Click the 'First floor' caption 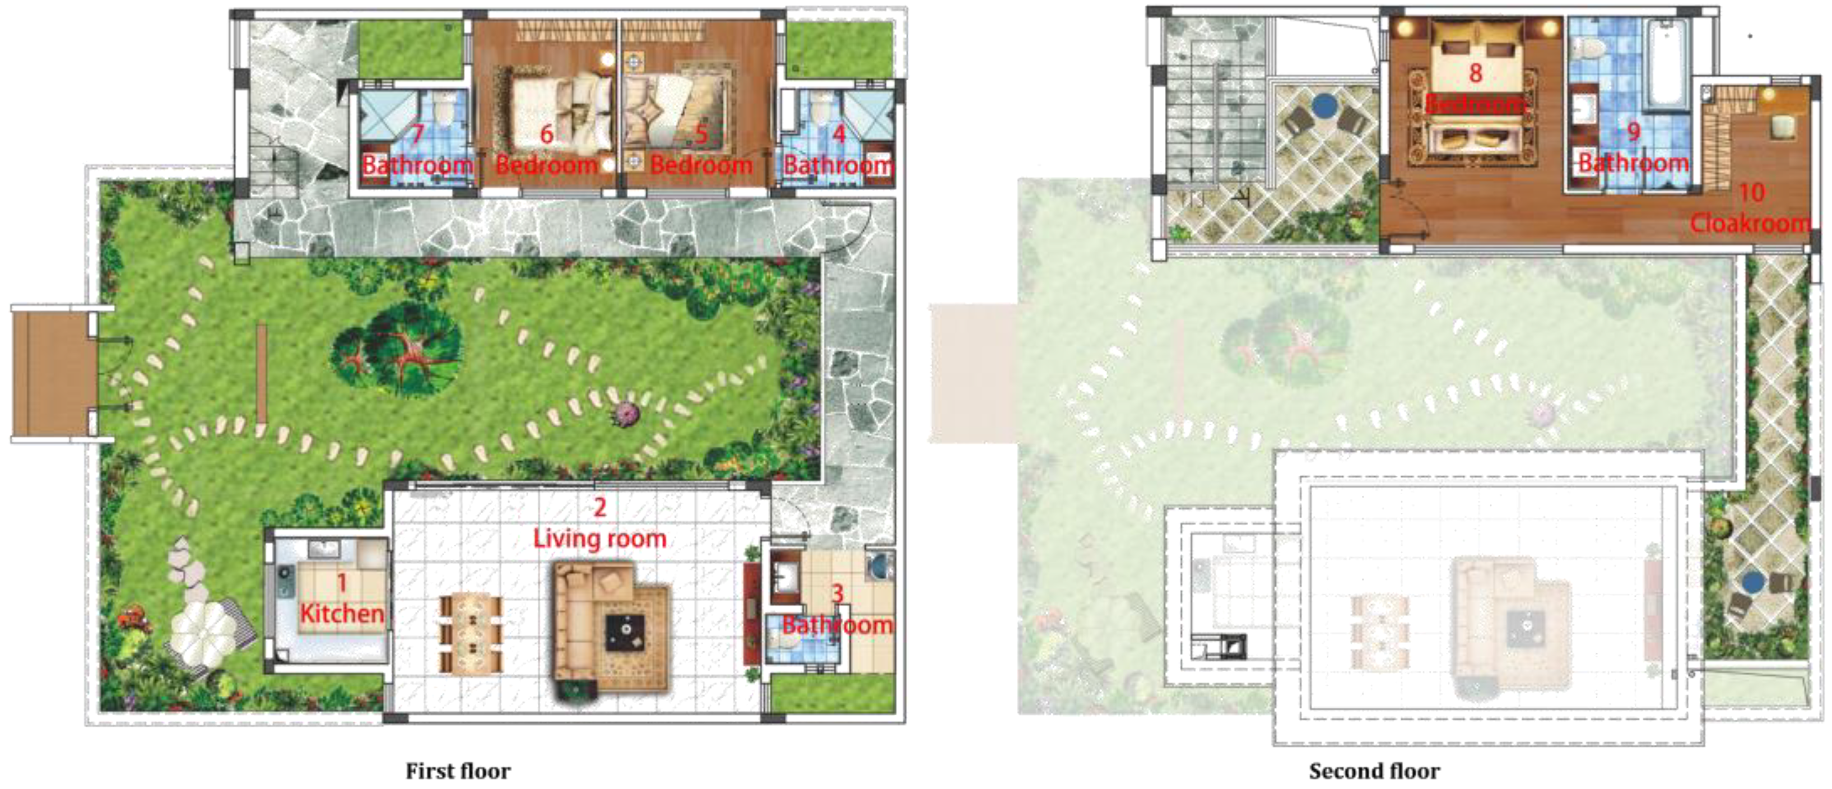point(458,771)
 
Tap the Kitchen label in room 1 point(342,613)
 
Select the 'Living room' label point(599,538)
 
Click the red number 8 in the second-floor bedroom point(1475,73)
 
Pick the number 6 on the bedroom point(546,134)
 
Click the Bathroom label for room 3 point(837,625)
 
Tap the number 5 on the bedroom point(701,134)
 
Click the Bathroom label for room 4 point(837,165)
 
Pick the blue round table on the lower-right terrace point(1754,583)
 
